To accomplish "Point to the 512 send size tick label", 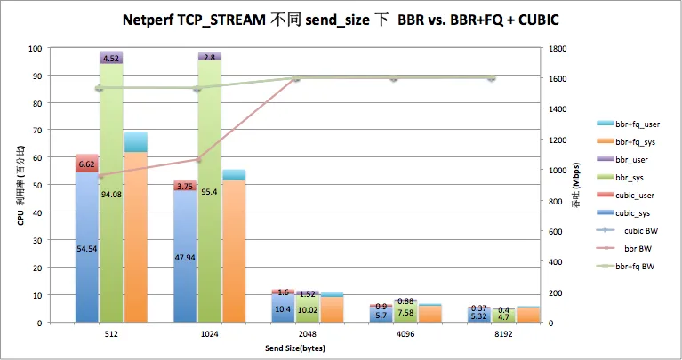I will click(x=111, y=336).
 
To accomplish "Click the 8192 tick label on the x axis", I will click(x=491, y=336).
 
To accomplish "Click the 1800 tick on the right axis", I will click(x=559, y=48).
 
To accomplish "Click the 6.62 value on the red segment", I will click(x=86, y=164).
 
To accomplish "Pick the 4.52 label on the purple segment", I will click(x=111, y=59).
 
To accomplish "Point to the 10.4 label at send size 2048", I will click(x=282, y=308).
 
